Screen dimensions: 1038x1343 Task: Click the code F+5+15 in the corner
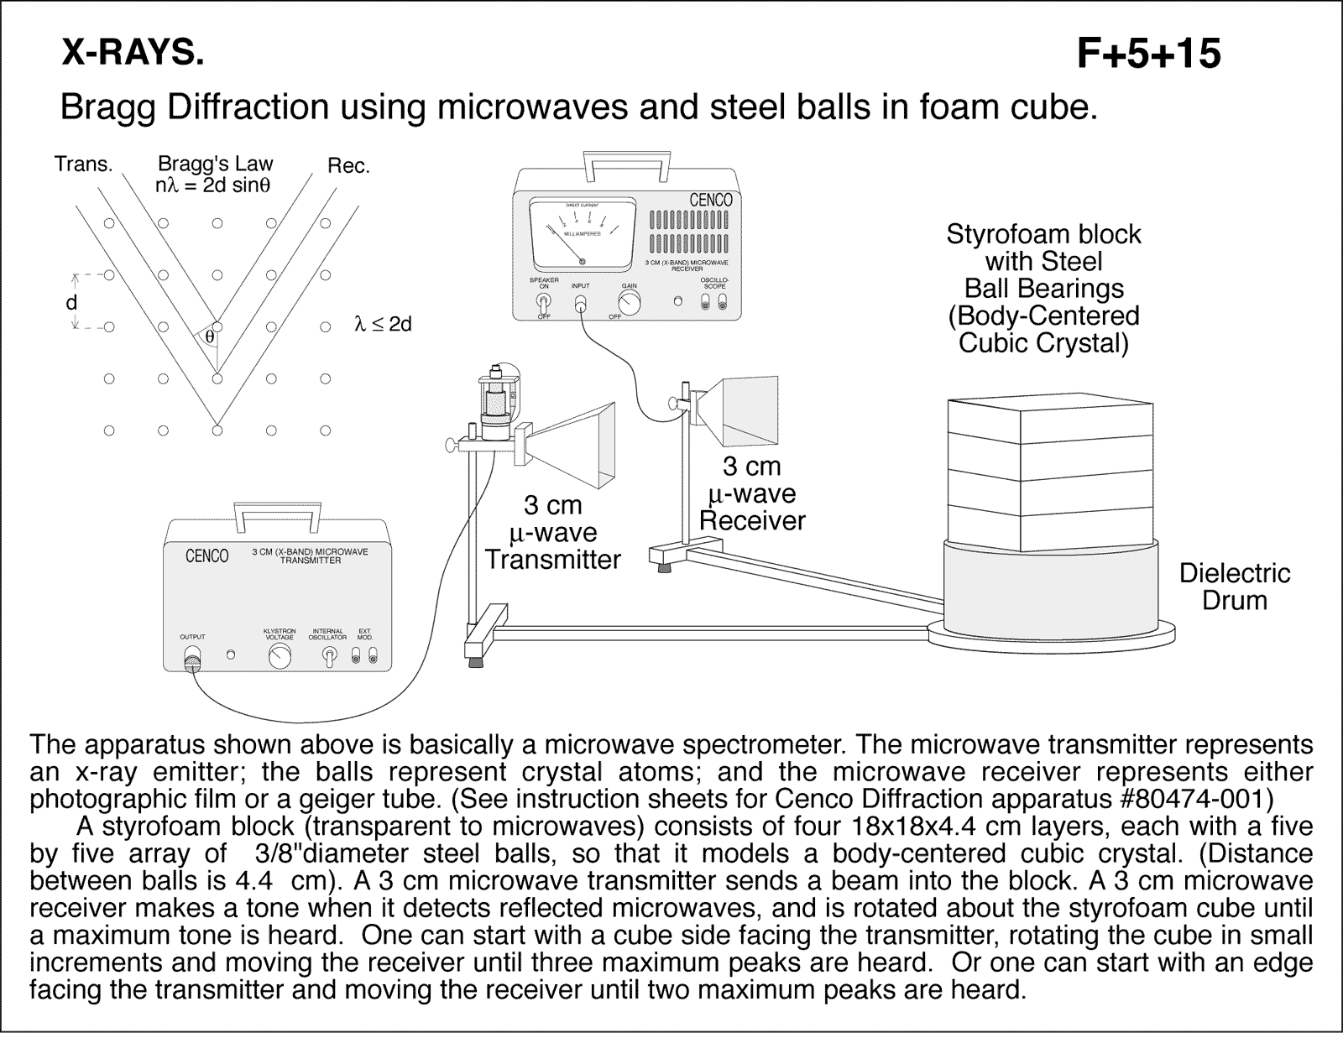tap(1148, 55)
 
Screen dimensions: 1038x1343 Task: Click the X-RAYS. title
tap(132, 53)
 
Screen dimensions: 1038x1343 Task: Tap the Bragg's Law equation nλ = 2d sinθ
tap(212, 185)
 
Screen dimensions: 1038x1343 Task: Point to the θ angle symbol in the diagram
tap(210, 337)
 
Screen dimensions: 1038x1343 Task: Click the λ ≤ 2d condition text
tap(383, 325)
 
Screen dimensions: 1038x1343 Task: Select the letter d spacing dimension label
tap(71, 302)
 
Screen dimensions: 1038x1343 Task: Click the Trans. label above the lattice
tap(83, 164)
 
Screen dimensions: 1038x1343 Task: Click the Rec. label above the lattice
tap(348, 166)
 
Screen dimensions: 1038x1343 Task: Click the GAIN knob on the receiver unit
tap(629, 304)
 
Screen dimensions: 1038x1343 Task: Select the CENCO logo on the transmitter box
tap(206, 556)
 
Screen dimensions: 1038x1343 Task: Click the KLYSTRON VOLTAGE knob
tap(280, 658)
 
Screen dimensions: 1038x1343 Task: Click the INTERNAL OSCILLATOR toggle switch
tap(327, 658)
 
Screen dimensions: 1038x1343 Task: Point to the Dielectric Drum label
tap(1234, 587)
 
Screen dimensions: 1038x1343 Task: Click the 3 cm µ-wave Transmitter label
tap(552, 533)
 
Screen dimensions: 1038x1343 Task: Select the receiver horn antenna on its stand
tap(743, 410)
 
